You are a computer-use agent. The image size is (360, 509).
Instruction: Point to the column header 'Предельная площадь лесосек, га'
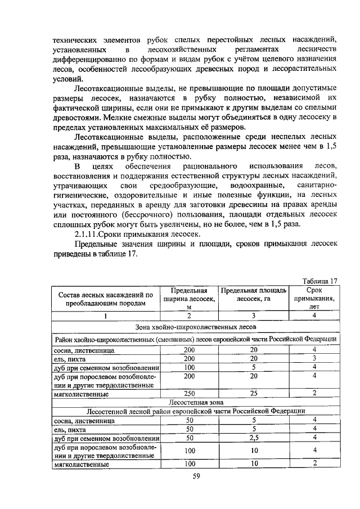254,295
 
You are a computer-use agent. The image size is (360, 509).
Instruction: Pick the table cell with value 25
254,393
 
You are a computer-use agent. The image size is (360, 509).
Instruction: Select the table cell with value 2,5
254,438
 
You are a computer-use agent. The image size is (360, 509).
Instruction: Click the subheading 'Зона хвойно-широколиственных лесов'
195,326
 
